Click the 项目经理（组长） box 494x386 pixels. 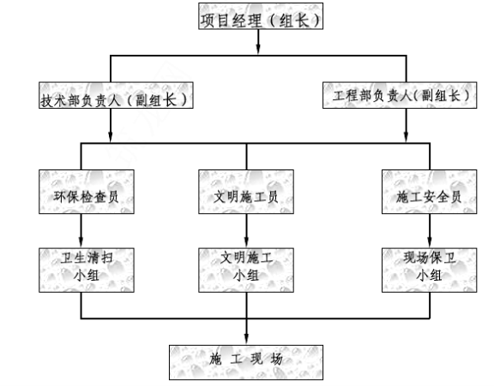[x=261, y=16]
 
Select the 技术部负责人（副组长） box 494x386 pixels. [x=116, y=95]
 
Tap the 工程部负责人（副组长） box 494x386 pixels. [x=400, y=95]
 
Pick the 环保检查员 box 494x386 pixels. [x=87, y=192]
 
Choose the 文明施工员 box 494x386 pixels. [x=246, y=192]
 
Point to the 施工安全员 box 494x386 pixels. [x=430, y=192]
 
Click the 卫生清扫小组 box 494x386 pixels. [x=87, y=270]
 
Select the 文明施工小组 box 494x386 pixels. [x=246, y=270]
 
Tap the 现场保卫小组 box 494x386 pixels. [x=430, y=270]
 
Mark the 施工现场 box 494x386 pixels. [x=246, y=362]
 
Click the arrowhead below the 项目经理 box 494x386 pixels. [x=258, y=49]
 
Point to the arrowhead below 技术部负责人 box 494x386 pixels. [x=111, y=136]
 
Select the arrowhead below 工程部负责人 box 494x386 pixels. [x=406, y=136]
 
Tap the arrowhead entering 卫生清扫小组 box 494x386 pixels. [x=81, y=241]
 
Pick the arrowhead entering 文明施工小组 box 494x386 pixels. [x=246, y=241]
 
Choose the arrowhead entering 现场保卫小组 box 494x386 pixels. [x=430, y=241]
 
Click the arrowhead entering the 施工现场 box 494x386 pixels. [x=246, y=338]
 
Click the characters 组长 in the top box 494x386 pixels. [x=294, y=21]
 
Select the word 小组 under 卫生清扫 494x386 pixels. [x=87, y=276]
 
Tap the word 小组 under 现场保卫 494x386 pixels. [x=429, y=276]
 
